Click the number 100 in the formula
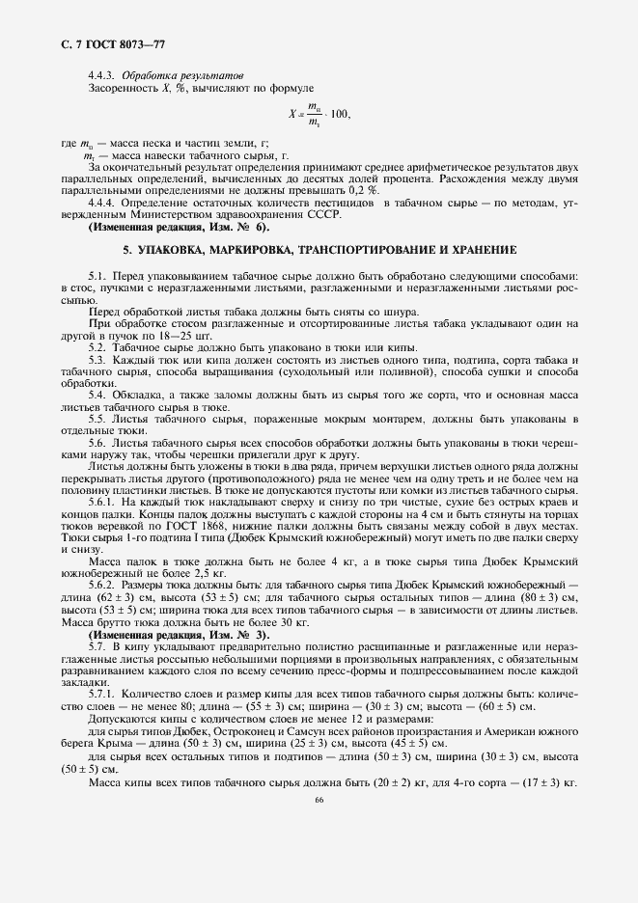coord(338,115)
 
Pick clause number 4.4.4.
coord(104,204)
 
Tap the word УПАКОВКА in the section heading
coord(172,250)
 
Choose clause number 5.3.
coord(97,358)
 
